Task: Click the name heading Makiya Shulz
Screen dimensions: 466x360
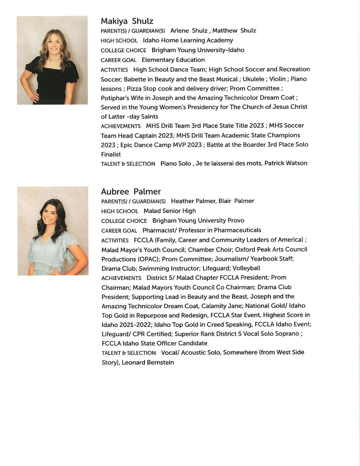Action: click(127, 21)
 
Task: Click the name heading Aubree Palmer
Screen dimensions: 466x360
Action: click(131, 191)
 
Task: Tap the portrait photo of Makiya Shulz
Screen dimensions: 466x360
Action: click(52, 60)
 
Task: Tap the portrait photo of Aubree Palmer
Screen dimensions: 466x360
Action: click(53, 231)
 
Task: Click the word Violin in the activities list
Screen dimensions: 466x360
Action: click(277, 79)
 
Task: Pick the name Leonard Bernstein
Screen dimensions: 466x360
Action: click(148, 362)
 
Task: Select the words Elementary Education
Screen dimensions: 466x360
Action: click(173, 60)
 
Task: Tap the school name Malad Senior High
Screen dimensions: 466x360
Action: click(170, 211)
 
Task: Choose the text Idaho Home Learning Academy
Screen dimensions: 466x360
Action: click(188, 40)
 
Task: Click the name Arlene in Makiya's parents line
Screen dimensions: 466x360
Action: click(180, 31)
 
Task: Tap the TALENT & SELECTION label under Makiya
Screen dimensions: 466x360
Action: click(128, 164)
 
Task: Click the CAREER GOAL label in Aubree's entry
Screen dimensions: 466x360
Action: click(119, 231)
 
